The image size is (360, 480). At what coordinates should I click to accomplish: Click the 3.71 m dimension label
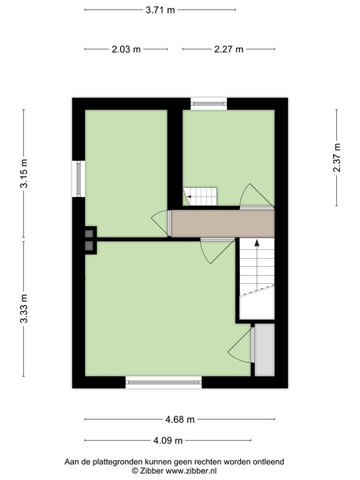160,10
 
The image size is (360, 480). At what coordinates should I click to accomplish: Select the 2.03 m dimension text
126,49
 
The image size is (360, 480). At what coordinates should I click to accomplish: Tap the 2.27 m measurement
229,49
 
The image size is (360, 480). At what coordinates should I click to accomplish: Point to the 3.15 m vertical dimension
24,173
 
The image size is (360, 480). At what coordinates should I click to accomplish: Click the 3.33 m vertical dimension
24,308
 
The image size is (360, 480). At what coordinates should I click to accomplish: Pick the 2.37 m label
337,157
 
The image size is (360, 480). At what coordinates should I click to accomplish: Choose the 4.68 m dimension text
180,419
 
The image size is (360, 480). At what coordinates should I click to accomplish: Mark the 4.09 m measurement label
167,441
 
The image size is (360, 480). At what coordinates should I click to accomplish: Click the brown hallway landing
222,224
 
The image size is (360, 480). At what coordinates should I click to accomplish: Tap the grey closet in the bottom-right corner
264,350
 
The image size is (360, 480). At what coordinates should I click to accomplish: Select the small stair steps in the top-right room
200,196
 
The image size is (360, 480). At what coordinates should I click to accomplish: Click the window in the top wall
209,104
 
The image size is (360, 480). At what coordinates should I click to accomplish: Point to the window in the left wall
78,179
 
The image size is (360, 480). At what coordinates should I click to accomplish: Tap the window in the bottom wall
164,382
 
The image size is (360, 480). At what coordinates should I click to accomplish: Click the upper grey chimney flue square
89,234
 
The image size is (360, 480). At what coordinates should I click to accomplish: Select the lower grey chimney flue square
89,245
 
